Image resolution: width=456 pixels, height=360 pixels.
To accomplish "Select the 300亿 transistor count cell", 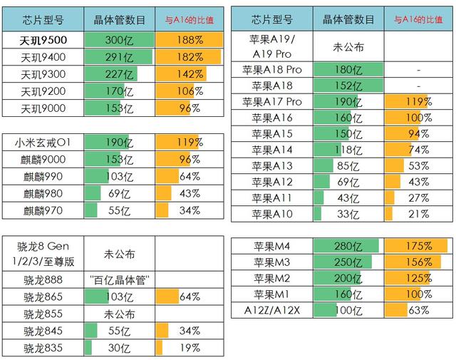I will point(118,40).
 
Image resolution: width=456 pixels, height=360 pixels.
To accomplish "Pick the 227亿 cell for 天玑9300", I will point(118,74).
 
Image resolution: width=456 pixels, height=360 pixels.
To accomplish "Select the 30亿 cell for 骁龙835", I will point(119,348).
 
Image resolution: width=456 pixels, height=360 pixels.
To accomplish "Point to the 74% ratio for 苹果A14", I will point(419,150).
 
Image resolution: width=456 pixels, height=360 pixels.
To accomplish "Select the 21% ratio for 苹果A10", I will point(419,214).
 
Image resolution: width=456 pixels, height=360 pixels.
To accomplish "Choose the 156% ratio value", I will point(419,262).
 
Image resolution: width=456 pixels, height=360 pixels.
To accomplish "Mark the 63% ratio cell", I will point(419,309).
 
